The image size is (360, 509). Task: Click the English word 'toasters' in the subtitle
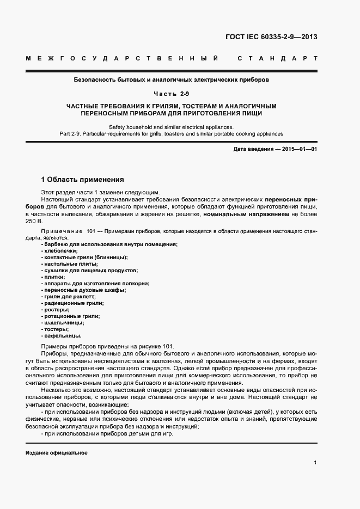[x=178, y=133]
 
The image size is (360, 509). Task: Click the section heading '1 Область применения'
[x=83, y=179]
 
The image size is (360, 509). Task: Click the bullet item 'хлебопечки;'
[x=57, y=250]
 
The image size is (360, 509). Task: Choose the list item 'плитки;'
[x=53, y=277]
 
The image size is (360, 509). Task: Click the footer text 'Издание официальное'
[x=57, y=453]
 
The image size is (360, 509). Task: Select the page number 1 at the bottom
[x=315, y=462]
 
